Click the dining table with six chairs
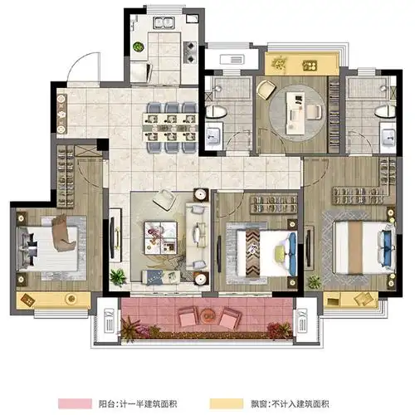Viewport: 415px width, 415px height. point(168,127)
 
